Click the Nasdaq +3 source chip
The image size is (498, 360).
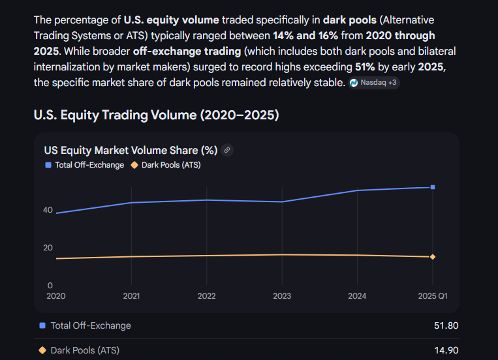tap(374, 83)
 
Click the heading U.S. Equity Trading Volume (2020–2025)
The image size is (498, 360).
tap(156, 115)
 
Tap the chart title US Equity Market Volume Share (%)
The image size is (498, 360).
tap(131, 150)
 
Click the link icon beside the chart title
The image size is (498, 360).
tap(227, 150)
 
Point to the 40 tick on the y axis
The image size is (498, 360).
tap(48, 210)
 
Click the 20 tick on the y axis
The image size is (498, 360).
tap(48, 248)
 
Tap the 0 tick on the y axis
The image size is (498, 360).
tap(50, 286)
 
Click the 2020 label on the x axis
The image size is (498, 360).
tap(56, 296)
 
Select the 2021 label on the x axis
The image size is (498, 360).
tap(132, 296)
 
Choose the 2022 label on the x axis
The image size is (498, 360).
tap(207, 296)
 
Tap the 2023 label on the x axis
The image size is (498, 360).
tap(282, 296)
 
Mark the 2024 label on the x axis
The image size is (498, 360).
tap(357, 296)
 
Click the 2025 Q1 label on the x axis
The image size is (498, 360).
tap(433, 296)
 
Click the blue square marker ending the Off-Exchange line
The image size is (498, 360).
tap(433, 187)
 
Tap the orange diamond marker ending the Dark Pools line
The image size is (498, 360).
tap(433, 257)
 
